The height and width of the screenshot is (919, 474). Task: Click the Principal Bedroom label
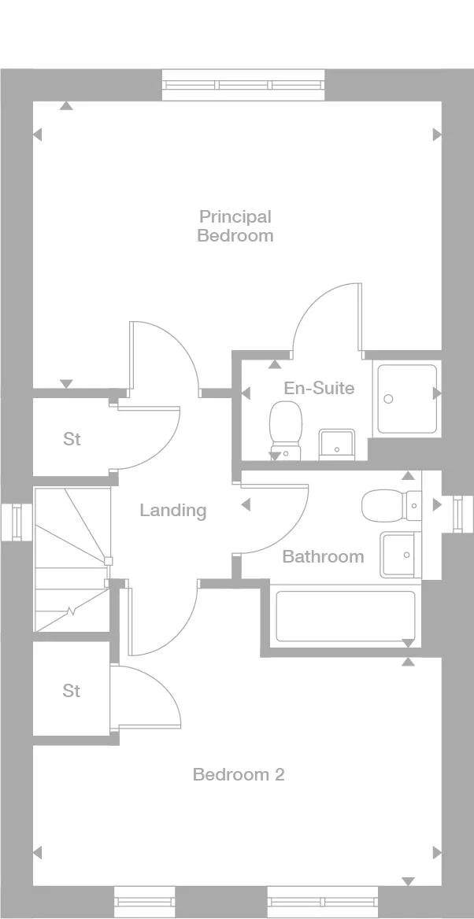pos(235,226)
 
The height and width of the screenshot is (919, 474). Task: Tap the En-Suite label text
pos(319,388)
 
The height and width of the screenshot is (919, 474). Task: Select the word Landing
pos(173,511)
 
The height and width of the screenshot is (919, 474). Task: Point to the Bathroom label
pos(324,556)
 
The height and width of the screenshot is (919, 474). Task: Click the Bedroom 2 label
pos(239,775)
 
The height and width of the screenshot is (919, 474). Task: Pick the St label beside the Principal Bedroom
pos(72,439)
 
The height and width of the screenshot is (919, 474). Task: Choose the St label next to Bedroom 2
pos(72,692)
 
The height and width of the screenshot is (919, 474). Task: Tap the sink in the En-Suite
pos(337,445)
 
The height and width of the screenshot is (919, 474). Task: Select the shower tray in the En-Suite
pos(407,399)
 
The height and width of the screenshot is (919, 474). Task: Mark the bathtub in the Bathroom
pos(346,615)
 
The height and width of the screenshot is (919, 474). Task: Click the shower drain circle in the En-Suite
pos(387,399)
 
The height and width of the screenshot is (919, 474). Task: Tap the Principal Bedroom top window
pos(243,85)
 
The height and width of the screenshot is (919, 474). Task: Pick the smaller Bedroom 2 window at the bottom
pos(144,902)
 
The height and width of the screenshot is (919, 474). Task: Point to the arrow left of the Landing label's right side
pos(246,504)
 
